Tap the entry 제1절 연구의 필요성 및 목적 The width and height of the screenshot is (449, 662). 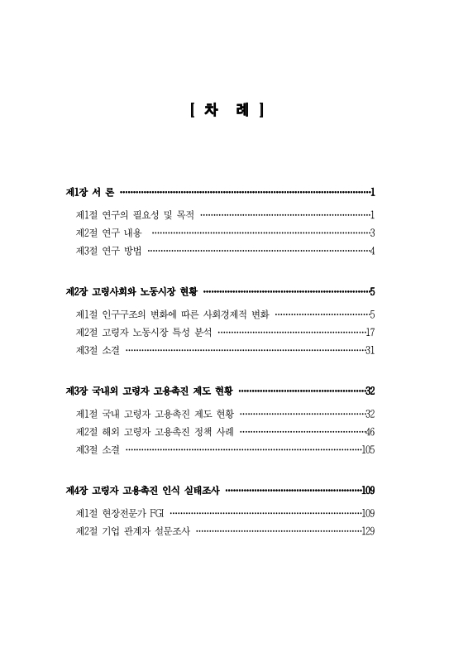(x=134, y=215)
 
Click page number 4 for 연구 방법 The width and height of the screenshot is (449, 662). (x=373, y=251)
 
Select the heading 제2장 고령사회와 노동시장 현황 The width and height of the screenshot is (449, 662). (x=132, y=291)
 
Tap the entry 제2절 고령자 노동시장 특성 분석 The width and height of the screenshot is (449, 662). (x=143, y=332)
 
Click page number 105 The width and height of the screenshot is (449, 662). (x=369, y=449)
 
